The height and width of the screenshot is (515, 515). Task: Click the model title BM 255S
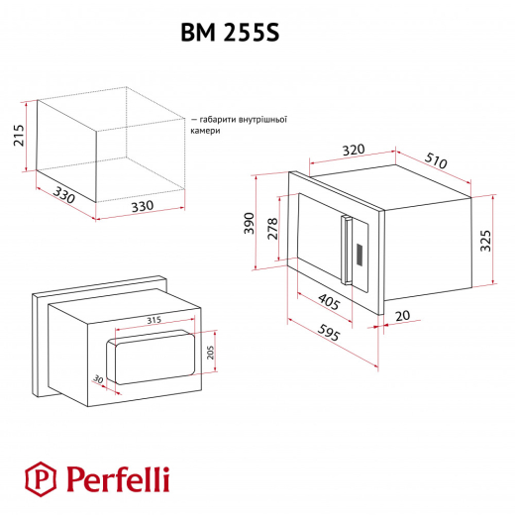tap(230, 33)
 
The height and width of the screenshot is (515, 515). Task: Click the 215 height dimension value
tap(19, 136)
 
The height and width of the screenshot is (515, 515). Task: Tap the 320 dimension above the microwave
tap(354, 151)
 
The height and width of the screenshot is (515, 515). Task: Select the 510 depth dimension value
tap(436, 160)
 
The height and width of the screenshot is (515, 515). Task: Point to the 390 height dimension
tap(250, 223)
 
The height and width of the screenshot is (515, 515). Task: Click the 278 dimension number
tap(272, 229)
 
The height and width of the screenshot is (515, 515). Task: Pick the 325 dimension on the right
tap(485, 241)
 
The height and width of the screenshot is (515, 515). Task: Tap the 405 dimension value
tap(329, 302)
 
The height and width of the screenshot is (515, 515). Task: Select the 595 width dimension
tap(329, 333)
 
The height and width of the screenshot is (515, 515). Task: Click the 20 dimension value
tap(403, 316)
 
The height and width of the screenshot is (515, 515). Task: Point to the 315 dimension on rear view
tap(154, 320)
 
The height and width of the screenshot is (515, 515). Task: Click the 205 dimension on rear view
tap(210, 353)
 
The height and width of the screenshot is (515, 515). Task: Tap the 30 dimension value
tap(98, 379)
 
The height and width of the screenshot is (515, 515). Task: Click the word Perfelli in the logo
tap(118, 479)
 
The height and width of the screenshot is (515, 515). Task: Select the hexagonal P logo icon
tap(41, 479)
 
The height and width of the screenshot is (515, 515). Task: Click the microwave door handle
tap(346, 250)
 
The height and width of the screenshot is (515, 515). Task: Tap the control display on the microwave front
tap(360, 255)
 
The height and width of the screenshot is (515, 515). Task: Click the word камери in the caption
tap(205, 131)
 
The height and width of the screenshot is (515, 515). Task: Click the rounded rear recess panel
tap(151, 358)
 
